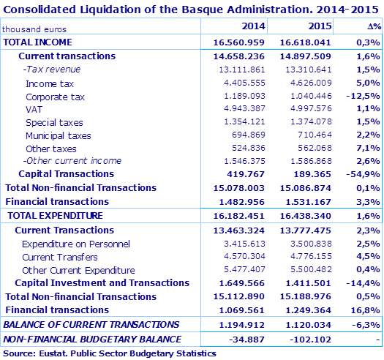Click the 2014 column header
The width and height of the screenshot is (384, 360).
(253, 26)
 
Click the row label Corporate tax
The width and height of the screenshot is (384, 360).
(55, 97)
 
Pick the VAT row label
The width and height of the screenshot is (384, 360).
(34, 110)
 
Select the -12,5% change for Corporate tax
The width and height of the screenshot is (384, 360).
(363, 97)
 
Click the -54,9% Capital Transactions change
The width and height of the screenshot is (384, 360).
(363, 174)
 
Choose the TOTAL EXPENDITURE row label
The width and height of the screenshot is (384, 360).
(55, 216)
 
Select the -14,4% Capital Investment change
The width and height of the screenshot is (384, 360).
(363, 283)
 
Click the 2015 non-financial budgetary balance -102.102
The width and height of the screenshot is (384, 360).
(313, 340)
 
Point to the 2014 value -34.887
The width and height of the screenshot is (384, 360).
(249, 340)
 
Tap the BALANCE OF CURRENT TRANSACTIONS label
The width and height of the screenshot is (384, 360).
(91, 324)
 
